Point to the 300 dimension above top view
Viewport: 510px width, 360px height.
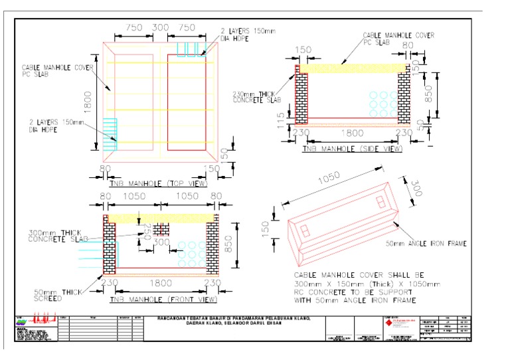click(x=160, y=28)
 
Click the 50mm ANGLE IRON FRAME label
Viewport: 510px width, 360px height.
click(x=427, y=244)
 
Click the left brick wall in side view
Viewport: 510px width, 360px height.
click(x=301, y=98)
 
